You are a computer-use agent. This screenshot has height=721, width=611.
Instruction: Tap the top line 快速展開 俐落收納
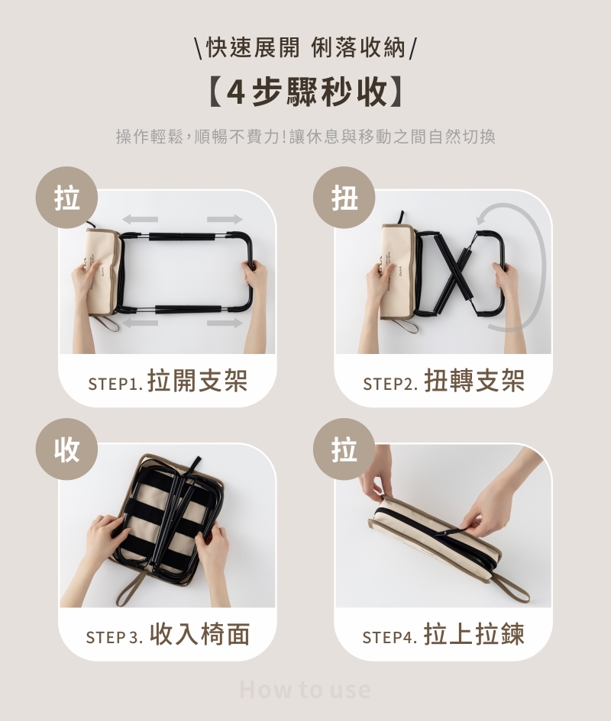point(305,48)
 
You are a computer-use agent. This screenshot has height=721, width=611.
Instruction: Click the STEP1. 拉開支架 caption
point(167,381)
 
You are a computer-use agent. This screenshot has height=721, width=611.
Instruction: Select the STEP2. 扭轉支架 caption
point(444,381)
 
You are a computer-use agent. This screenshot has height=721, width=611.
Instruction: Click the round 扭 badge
point(344,198)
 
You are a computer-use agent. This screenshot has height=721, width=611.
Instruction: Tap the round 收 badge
point(67,449)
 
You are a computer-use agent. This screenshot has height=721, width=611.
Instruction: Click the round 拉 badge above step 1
point(67,198)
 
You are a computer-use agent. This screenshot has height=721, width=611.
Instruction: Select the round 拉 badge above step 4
point(344,449)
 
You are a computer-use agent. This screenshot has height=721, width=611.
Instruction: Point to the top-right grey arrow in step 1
point(225,219)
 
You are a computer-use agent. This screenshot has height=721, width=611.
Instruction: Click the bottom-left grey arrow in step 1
point(141,323)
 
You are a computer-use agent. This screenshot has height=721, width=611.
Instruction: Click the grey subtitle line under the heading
point(305,137)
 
